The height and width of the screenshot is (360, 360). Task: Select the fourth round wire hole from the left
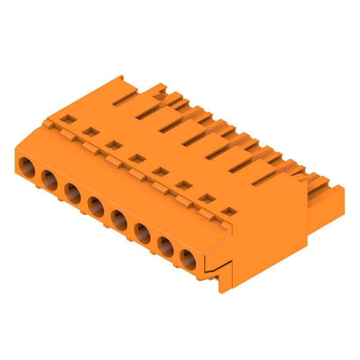[96, 206]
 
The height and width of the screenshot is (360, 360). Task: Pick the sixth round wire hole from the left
[143, 232]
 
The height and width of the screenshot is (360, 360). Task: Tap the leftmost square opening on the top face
[67, 119]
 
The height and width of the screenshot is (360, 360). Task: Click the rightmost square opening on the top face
[231, 211]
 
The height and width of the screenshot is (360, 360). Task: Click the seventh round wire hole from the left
[166, 245]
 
